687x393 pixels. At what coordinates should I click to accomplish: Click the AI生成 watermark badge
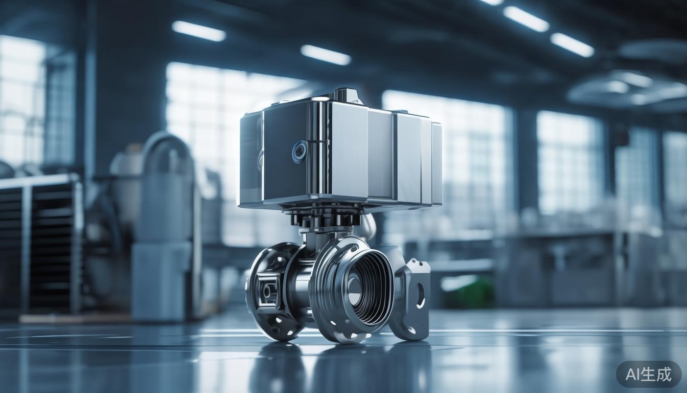pyautogui.click(x=648, y=374)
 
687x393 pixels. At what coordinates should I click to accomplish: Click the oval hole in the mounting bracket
pyautogui.click(x=420, y=295)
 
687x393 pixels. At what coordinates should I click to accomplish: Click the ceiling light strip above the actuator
pyautogui.click(x=326, y=55)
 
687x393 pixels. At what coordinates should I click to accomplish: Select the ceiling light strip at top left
pyautogui.click(x=199, y=31)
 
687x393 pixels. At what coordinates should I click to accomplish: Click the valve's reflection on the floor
pyautogui.click(x=327, y=366)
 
